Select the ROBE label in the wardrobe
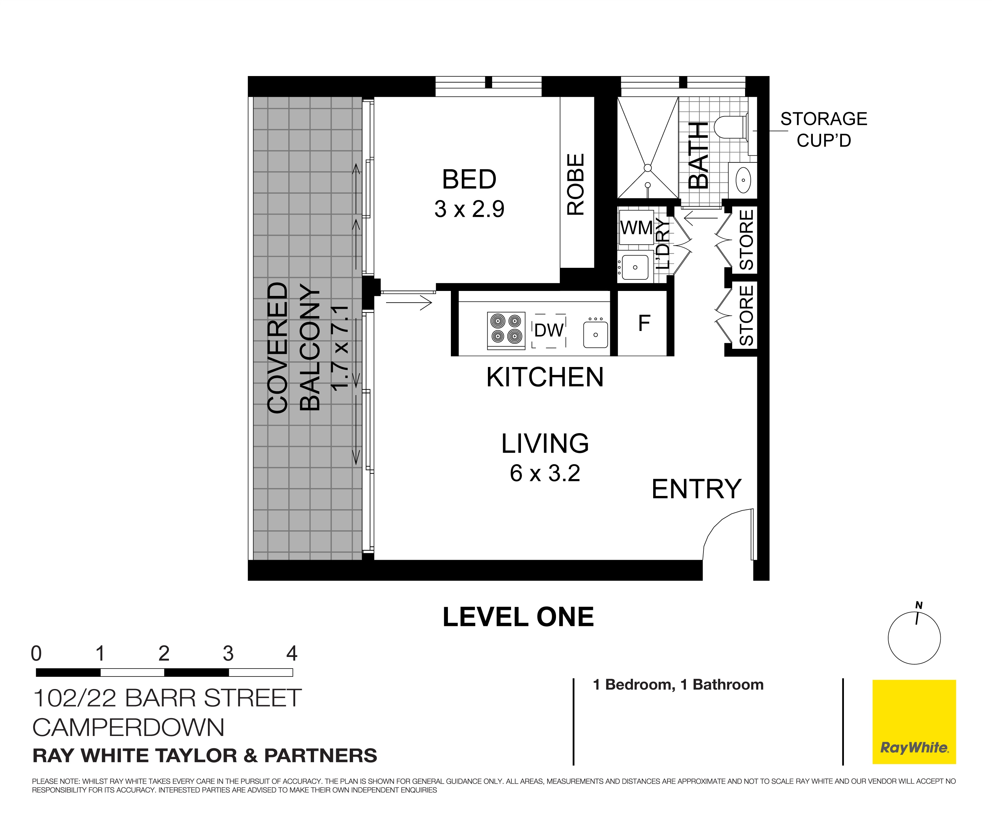[x=576, y=184]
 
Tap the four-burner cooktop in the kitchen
[x=506, y=329]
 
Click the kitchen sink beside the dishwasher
[x=595, y=334]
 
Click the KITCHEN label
[x=544, y=378]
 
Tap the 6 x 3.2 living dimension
[x=544, y=473]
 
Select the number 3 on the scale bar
[x=228, y=654]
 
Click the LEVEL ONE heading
[x=518, y=617]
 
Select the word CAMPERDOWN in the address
[x=128, y=728]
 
